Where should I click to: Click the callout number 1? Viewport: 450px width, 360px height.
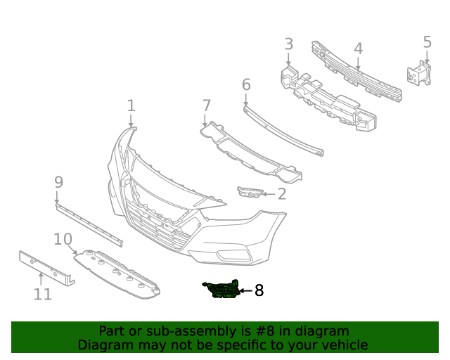pyautogui.click(x=131, y=105)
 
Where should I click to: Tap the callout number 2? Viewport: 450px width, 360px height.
pyautogui.click(x=281, y=194)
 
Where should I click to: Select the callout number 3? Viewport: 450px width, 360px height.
pyautogui.click(x=288, y=44)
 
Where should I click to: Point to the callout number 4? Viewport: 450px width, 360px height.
pyautogui.click(x=358, y=49)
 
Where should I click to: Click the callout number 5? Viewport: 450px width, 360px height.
pyautogui.click(x=427, y=42)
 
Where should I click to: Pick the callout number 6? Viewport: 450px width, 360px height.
pyautogui.click(x=246, y=85)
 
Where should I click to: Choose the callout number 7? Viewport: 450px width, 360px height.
pyautogui.click(x=206, y=105)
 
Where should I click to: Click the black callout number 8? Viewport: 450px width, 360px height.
pyautogui.click(x=259, y=290)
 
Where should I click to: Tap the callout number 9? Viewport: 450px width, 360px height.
pyautogui.click(x=58, y=182)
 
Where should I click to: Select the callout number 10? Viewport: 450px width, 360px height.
pyautogui.click(x=63, y=239)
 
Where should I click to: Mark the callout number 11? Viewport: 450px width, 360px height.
pyautogui.click(x=43, y=293)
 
